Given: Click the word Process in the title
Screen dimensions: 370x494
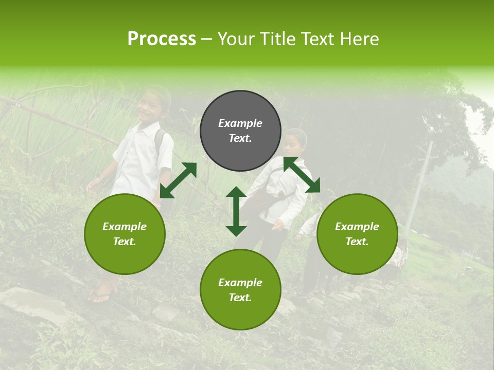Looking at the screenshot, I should coord(162,39).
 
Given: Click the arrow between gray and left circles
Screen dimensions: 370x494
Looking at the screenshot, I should coord(178,180).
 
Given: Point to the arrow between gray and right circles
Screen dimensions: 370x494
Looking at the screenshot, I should coord(302,175).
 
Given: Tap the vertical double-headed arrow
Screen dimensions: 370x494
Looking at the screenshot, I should coord(236,211).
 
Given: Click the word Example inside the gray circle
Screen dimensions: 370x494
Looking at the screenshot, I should coord(240,123).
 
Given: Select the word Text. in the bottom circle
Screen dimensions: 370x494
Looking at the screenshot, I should coord(240,298).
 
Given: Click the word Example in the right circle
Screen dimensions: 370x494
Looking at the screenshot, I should coord(357,227).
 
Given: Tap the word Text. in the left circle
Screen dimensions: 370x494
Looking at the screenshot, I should coord(125,242).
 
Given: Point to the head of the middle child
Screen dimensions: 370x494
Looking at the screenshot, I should coord(295,141).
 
